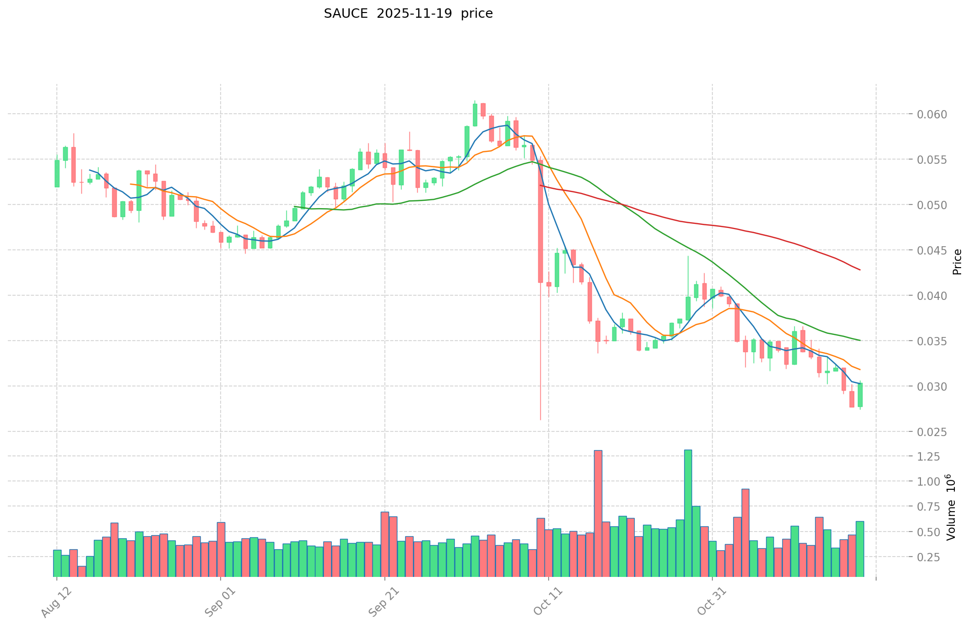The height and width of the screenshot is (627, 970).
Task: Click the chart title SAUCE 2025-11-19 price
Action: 408,14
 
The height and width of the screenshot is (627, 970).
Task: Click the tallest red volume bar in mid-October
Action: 598,513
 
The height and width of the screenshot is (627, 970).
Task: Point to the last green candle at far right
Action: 860,395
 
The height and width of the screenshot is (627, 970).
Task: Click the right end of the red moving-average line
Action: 859,270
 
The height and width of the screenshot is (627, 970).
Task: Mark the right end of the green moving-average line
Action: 859,340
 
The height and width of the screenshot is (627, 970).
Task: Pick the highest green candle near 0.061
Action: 475,115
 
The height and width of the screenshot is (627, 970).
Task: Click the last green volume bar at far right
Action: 860,549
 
